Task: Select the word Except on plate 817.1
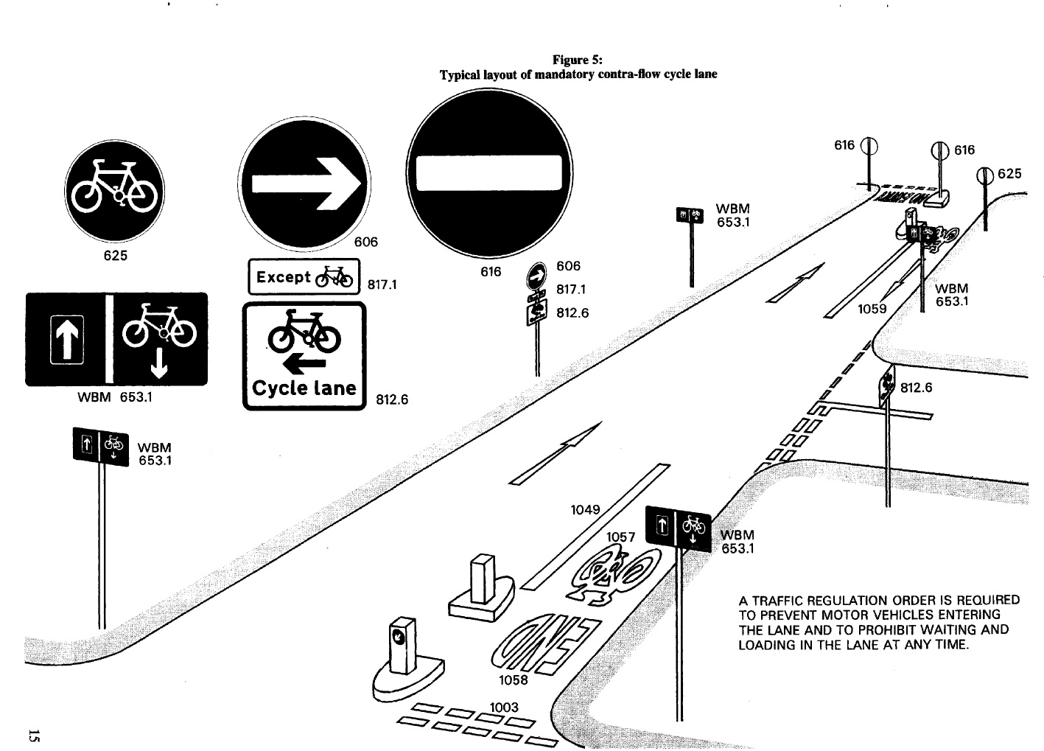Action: click(283, 277)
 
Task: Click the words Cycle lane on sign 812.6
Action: click(304, 388)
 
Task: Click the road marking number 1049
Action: click(586, 509)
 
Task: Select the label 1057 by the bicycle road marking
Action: click(620, 537)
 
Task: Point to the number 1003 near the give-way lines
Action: click(504, 707)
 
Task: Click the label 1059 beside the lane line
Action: click(872, 309)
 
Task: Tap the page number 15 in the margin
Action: click(33, 735)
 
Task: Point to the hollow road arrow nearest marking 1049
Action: click(556, 454)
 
